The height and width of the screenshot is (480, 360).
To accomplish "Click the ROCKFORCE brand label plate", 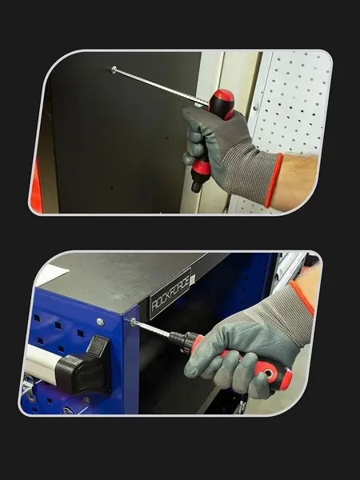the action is pyautogui.click(x=170, y=294).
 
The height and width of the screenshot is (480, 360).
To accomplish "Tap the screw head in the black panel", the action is pyautogui.click(x=114, y=70).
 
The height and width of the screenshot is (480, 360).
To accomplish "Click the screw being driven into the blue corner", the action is pyautogui.click(x=133, y=322).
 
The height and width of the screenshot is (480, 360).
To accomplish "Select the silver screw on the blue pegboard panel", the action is pyautogui.click(x=100, y=322).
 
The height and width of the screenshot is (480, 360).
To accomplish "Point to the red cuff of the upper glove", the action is pyautogui.click(x=274, y=180).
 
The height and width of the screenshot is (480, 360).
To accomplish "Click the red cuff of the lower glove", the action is pyautogui.click(x=302, y=298).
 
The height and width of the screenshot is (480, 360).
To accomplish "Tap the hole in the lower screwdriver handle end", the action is pyautogui.click(x=269, y=374).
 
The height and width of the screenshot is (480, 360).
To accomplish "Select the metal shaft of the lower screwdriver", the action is pyautogui.click(x=151, y=329).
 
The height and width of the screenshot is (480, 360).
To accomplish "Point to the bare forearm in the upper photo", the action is pyautogui.click(x=294, y=182).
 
